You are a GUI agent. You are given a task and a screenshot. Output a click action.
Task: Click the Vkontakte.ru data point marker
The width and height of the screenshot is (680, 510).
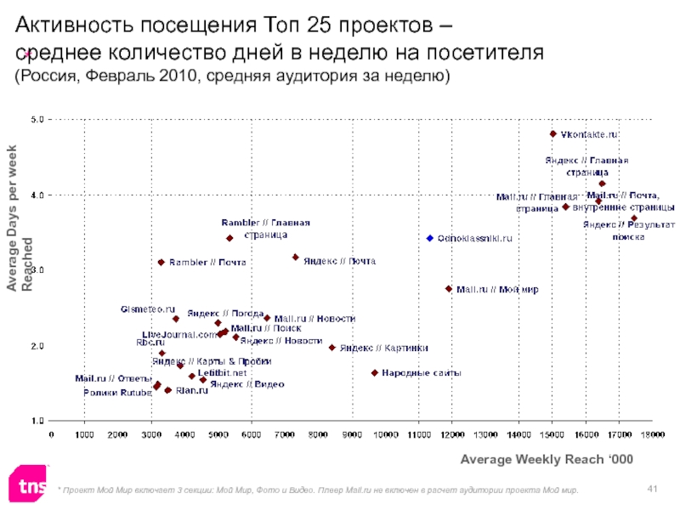click(x=552, y=134)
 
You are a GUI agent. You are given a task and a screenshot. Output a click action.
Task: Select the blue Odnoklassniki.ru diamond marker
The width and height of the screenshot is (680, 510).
click(x=430, y=238)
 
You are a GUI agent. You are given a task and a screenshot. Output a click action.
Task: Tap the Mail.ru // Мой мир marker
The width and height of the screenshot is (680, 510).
click(x=449, y=289)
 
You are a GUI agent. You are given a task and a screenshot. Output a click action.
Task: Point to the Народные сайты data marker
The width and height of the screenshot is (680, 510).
click(x=374, y=372)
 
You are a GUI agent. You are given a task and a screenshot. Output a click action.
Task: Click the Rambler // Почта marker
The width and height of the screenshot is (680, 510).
click(x=161, y=262)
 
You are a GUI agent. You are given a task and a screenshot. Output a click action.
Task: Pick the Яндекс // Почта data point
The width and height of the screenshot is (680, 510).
click(x=295, y=257)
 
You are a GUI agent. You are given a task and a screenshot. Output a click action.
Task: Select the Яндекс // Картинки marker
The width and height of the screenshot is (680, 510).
click(x=331, y=347)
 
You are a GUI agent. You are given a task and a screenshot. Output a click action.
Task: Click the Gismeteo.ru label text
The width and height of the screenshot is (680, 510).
click(x=148, y=309)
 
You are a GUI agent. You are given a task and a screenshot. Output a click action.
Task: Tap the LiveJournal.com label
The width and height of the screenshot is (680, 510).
click(x=179, y=334)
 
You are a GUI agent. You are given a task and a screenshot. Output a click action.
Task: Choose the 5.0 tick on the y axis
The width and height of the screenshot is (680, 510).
click(x=39, y=120)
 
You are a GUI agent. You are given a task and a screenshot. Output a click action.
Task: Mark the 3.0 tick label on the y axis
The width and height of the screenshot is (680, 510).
click(x=39, y=270)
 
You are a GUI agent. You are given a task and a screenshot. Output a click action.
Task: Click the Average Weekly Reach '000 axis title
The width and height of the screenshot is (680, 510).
click(x=547, y=459)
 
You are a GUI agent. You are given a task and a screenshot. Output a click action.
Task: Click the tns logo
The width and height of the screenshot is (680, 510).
click(x=28, y=486)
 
